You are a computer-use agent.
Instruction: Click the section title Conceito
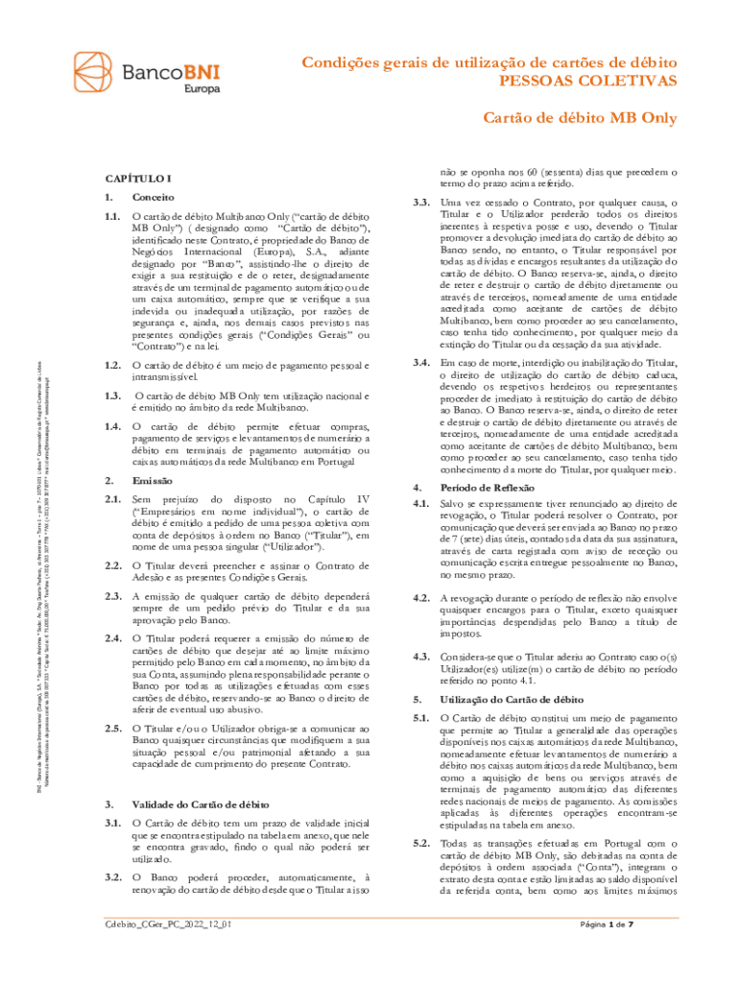155,196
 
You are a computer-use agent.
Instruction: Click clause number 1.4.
112,425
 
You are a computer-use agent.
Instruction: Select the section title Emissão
153,479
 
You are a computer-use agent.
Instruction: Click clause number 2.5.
112,730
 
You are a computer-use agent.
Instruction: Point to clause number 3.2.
112,877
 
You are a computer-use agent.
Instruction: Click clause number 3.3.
419,203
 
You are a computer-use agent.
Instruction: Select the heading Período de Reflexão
489,487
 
